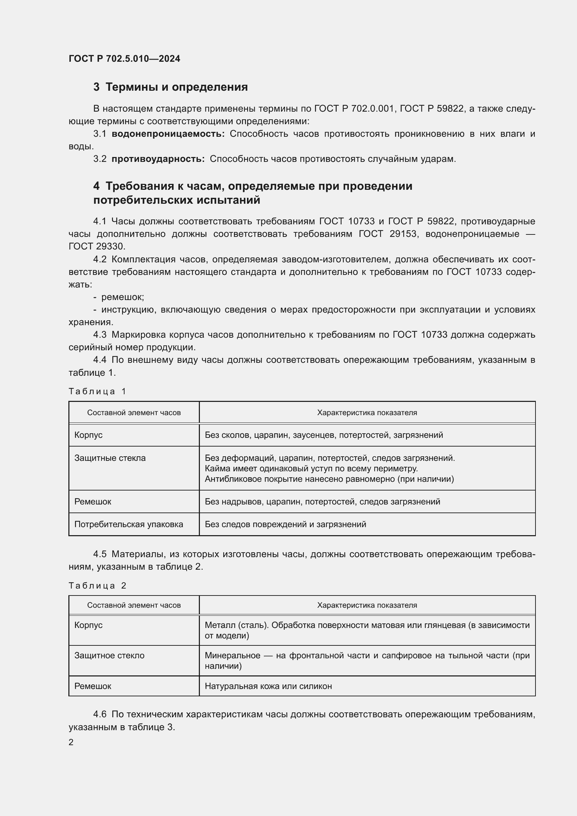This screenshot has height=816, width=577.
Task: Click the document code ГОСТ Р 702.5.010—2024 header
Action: (124, 59)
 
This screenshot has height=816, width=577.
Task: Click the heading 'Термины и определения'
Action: (177, 87)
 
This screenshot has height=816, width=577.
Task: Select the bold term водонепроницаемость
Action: (168, 134)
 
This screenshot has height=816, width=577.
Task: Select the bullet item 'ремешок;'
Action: (122, 297)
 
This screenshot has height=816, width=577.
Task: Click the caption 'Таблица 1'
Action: (97, 391)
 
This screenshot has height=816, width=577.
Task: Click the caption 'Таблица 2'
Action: (97, 586)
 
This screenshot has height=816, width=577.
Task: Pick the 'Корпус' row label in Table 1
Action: (89, 435)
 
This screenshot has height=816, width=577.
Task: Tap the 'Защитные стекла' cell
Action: (110, 458)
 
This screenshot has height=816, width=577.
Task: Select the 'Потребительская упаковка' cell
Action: (129, 524)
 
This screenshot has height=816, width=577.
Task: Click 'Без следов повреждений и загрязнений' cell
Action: (285, 524)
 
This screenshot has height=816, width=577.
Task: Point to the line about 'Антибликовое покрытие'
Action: (329, 479)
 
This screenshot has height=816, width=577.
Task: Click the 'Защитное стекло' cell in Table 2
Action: (110, 656)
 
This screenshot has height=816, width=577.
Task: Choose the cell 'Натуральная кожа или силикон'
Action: (268, 686)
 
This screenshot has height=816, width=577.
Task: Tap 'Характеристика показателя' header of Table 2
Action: (367, 605)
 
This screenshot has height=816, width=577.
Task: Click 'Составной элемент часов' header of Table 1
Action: (134, 413)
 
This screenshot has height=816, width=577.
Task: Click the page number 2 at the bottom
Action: (71, 742)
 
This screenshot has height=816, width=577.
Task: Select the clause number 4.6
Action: (100, 714)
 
